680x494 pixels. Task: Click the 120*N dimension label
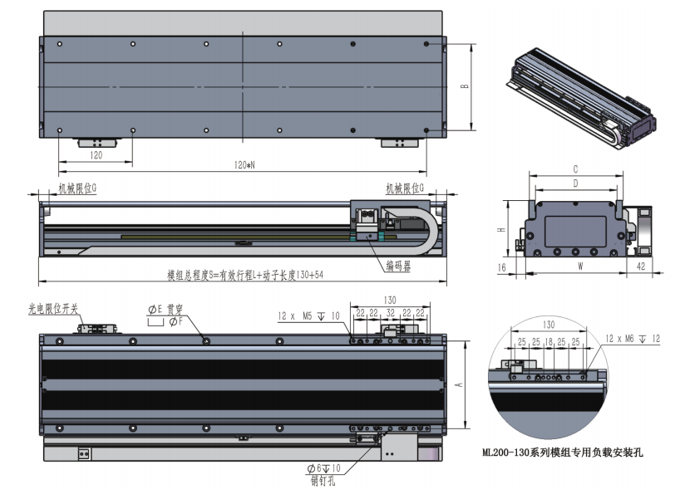[244, 165]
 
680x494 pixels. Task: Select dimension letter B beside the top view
[465, 86]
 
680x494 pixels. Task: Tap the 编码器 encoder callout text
[400, 266]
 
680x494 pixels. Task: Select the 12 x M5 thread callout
[308, 315]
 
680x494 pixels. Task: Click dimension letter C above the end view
[575, 168]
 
